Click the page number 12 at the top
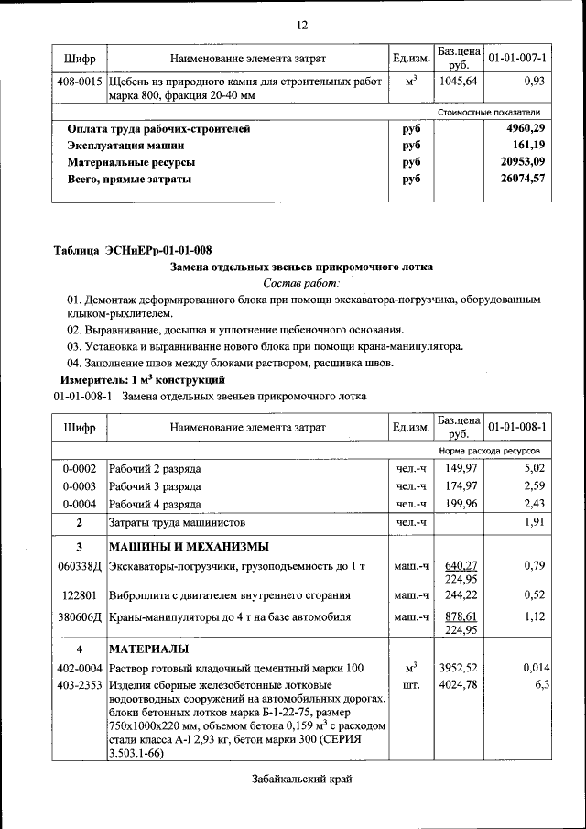(302, 24)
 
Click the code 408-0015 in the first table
(80, 82)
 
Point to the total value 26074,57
(524, 179)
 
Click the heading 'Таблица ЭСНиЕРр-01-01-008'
(133, 251)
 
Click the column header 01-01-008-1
(517, 427)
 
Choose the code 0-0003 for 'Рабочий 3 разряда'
(80, 486)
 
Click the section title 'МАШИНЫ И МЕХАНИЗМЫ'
(189, 548)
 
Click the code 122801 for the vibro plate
(80, 595)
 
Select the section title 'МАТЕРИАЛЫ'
(151, 649)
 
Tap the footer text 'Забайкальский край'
(301, 779)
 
